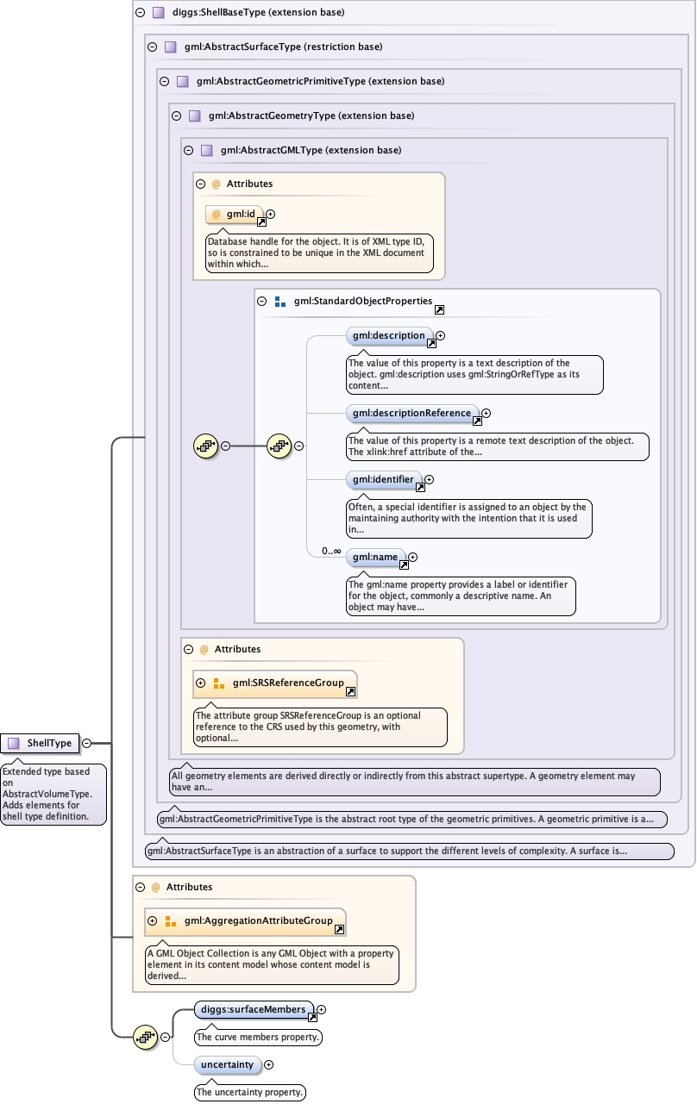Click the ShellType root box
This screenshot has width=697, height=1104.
pos(41,743)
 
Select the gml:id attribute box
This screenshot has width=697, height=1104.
pos(234,214)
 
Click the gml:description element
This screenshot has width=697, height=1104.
pos(389,335)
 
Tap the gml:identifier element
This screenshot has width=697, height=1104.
pos(384,479)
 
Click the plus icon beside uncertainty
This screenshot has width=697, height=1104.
pos(268,1064)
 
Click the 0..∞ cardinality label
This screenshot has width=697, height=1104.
pos(331,551)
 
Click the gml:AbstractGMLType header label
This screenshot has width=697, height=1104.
pos(311,150)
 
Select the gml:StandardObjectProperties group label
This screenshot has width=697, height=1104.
pos(362,302)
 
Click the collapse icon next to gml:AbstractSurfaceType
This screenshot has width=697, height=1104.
pos(152,47)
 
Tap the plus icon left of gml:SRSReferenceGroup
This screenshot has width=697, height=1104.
pos(200,683)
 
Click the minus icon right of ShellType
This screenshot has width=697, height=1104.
pos(86,743)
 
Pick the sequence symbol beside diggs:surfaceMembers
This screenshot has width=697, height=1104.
pos(145,1037)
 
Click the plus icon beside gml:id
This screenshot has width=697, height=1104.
pos(270,214)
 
